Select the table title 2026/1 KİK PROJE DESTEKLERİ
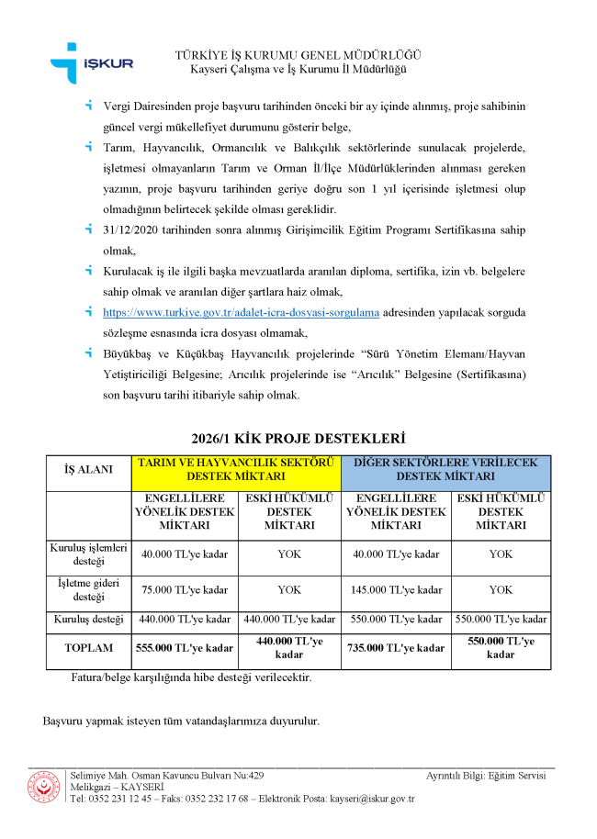[x=298, y=439]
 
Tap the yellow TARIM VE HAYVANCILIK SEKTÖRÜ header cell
[x=237, y=469]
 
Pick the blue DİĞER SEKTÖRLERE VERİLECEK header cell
[x=445, y=469]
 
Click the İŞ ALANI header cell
[x=88, y=469]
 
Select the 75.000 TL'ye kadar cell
[x=185, y=589]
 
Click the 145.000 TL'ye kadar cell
[x=396, y=589]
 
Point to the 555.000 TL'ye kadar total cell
[x=185, y=648]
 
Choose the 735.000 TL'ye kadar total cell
[x=396, y=648]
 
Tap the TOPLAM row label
[x=88, y=648]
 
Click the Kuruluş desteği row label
[x=88, y=619]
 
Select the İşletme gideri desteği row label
[x=88, y=589]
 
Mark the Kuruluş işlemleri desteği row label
[x=88, y=554]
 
